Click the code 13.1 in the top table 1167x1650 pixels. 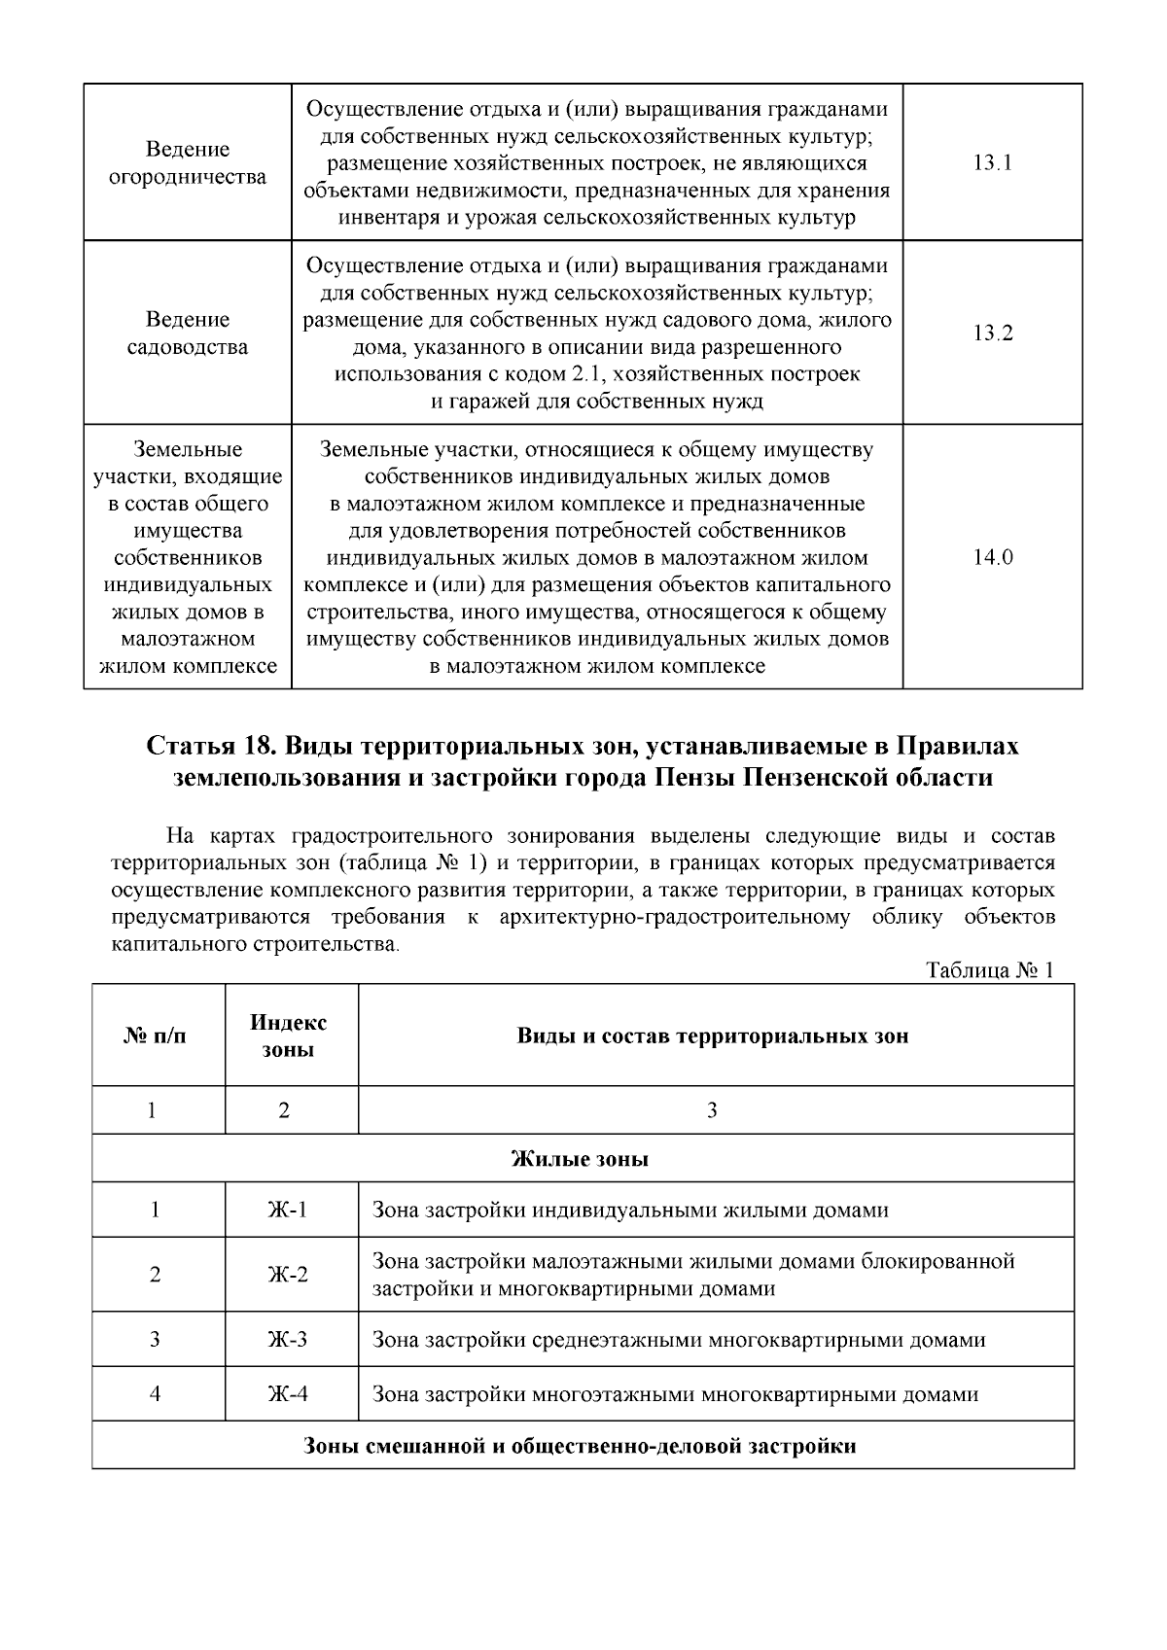pyautogui.click(x=992, y=163)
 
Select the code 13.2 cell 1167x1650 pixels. pyautogui.click(x=992, y=334)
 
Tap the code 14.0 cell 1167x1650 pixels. pyautogui.click(x=992, y=558)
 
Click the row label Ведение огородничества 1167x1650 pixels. pyautogui.click(x=187, y=163)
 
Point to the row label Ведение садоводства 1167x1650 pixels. pyautogui.click(x=187, y=334)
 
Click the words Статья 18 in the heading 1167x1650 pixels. pyautogui.click(x=200, y=747)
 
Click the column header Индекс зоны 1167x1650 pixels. pyautogui.click(x=289, y=1036)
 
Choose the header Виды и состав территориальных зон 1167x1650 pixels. pyautogui.click(x=712, y=1036)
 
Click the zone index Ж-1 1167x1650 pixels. pyautogui.click(x=288, y=1211)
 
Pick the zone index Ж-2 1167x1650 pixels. pyautogui.click(x=288, y=1275)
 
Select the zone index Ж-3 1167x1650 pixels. pyautogui.click(x=288, y=1340)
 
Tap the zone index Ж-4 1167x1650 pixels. pyautogui.click(x=288, y=1394)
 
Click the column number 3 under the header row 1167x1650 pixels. pyautogui.click(x=712, y=1110)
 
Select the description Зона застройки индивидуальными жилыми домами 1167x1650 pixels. pyautogui.click(x=630, y=1211)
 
